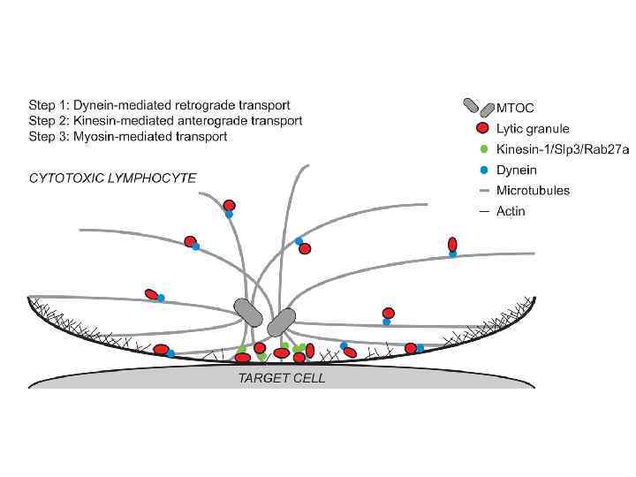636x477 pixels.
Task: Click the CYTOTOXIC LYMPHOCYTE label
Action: pyautogui.click(x=113, y=178)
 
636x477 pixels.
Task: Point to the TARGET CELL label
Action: pyautogui.click(x=283, y=378)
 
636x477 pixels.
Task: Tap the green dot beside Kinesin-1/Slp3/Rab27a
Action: pyautogui.click(x=482, y=149)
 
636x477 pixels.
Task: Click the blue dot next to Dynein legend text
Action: pyautogui.click(x=482, y=170)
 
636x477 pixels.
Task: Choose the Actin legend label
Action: pyautogui.click(x=516, y=210)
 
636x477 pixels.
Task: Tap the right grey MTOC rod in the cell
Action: pyautogui.click(x=282, y=322)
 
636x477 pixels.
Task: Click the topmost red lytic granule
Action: pyautogui.click(x=230, y=205)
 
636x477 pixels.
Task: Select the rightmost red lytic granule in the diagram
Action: pyautogui.click(x=452, y=244)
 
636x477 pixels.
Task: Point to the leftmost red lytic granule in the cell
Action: pyautogui.click(x=152, y=294)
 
